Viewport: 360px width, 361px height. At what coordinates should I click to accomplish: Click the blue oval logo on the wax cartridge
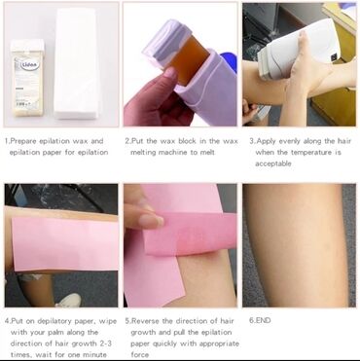30,65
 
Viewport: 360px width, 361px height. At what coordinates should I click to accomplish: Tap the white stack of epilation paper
77,63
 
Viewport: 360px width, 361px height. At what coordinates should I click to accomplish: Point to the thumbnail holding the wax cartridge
169,73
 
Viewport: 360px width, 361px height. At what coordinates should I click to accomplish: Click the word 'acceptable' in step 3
273,163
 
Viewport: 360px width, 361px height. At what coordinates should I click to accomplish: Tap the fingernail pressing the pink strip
153,221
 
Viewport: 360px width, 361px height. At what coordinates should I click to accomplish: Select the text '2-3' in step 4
104,343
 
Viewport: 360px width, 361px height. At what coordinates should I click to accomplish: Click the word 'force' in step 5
140,354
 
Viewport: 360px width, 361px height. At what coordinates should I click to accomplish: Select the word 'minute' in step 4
94,354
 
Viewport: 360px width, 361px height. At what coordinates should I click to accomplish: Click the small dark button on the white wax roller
333,58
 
